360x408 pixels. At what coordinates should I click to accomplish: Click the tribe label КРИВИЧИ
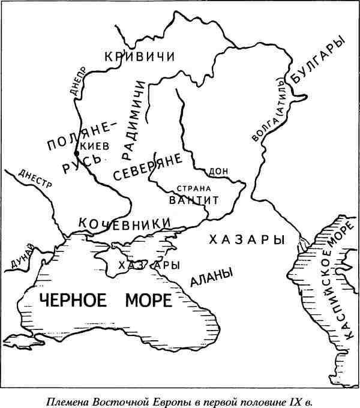pos(139,57)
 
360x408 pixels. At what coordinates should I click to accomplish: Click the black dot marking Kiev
pos(76,154)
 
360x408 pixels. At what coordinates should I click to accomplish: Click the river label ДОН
pos(220,172)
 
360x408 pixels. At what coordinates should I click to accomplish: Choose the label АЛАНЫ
pos(211,277)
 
